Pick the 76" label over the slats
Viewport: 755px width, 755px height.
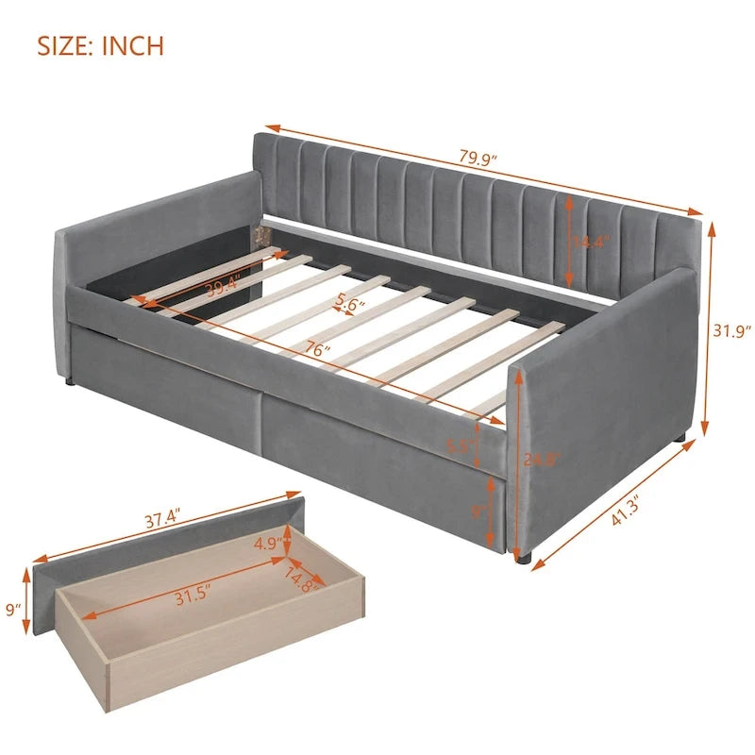point(318,350)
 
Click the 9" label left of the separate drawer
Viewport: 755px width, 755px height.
point(12,610)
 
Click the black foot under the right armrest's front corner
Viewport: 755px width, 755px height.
point(525,558)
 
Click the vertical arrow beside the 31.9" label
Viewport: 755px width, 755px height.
point(708,330)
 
